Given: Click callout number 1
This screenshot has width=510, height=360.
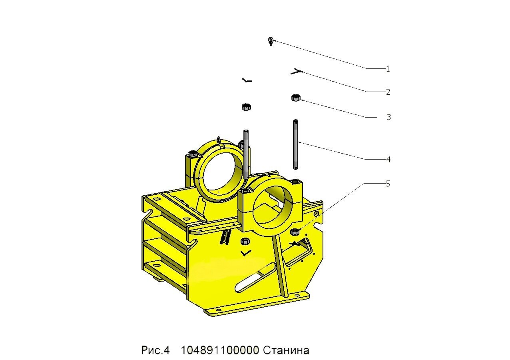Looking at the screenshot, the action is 388,69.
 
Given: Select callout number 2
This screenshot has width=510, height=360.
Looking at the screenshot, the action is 388,92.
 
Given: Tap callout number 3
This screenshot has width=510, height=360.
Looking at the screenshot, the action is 388,117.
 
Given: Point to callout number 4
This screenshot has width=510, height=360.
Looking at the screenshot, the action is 388,160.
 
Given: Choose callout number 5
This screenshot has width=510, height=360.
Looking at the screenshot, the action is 388,184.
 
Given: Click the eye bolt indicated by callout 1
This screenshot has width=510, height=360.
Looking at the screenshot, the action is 271,41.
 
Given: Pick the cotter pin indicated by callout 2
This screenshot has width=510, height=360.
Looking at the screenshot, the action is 296,71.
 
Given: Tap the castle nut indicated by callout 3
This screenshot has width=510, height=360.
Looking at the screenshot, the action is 296,98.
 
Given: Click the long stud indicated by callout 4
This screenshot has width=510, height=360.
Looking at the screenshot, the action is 295,144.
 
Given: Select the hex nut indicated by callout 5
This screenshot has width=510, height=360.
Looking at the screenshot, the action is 295,232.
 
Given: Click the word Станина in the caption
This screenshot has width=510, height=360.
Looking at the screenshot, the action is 286,350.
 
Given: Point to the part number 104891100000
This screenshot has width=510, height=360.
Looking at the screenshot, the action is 220,350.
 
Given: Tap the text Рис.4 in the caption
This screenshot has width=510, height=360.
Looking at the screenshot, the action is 155,350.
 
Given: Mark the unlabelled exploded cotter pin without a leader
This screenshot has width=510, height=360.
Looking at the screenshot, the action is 247,80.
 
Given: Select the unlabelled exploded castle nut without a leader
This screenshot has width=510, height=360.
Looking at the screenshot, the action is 246,107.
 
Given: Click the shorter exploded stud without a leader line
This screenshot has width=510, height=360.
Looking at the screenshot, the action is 246,154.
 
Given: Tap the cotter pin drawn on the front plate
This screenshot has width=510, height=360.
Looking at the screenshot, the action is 246,253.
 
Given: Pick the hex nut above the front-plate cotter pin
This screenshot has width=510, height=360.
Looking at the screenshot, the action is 245,241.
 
